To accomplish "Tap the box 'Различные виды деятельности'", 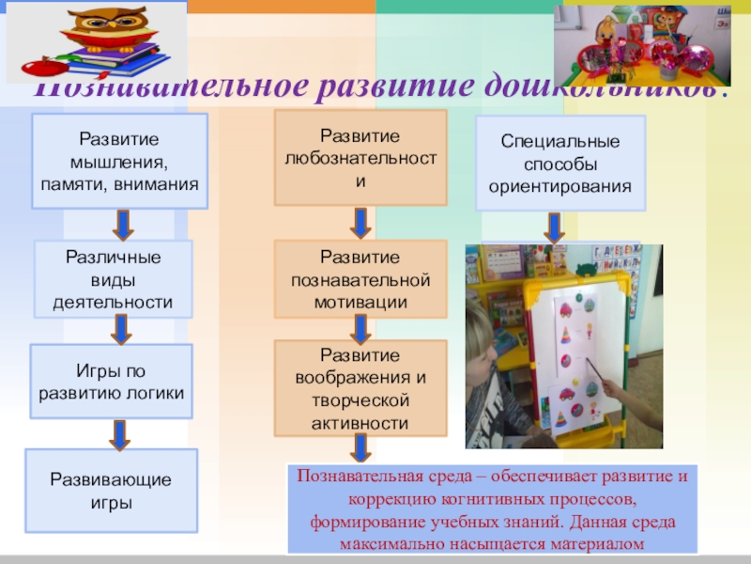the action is (x=113, y=278).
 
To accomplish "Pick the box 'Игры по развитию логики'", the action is (x=112, y=381).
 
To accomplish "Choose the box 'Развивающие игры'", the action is (x=111, y=490).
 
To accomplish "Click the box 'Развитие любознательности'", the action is (x=360, y=158).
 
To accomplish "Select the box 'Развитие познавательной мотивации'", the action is (x=360, y=279).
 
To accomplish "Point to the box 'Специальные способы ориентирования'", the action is (x=560, y=163).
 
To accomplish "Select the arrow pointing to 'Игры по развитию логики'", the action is (x=120, y=329).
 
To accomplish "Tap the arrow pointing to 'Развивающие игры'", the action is (x=119, y=432).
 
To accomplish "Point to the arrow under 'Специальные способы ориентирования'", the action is (x=555, y=227).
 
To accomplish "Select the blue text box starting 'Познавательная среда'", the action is (x=494, y=509).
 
